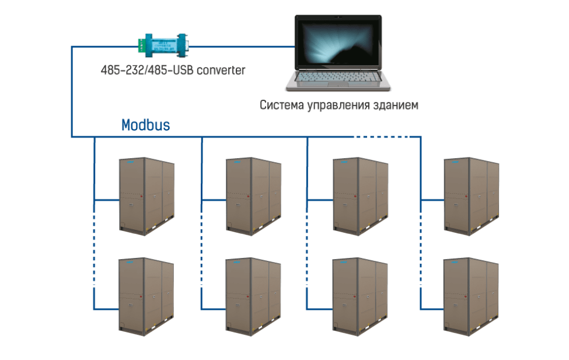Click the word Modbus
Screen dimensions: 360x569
coord(145,125)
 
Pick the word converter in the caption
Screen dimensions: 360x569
coord(217,70)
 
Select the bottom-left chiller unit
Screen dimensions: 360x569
coord(146,295)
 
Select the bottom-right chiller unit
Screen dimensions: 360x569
coord(472,295)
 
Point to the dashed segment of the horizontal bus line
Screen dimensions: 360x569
coord(382,137)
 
